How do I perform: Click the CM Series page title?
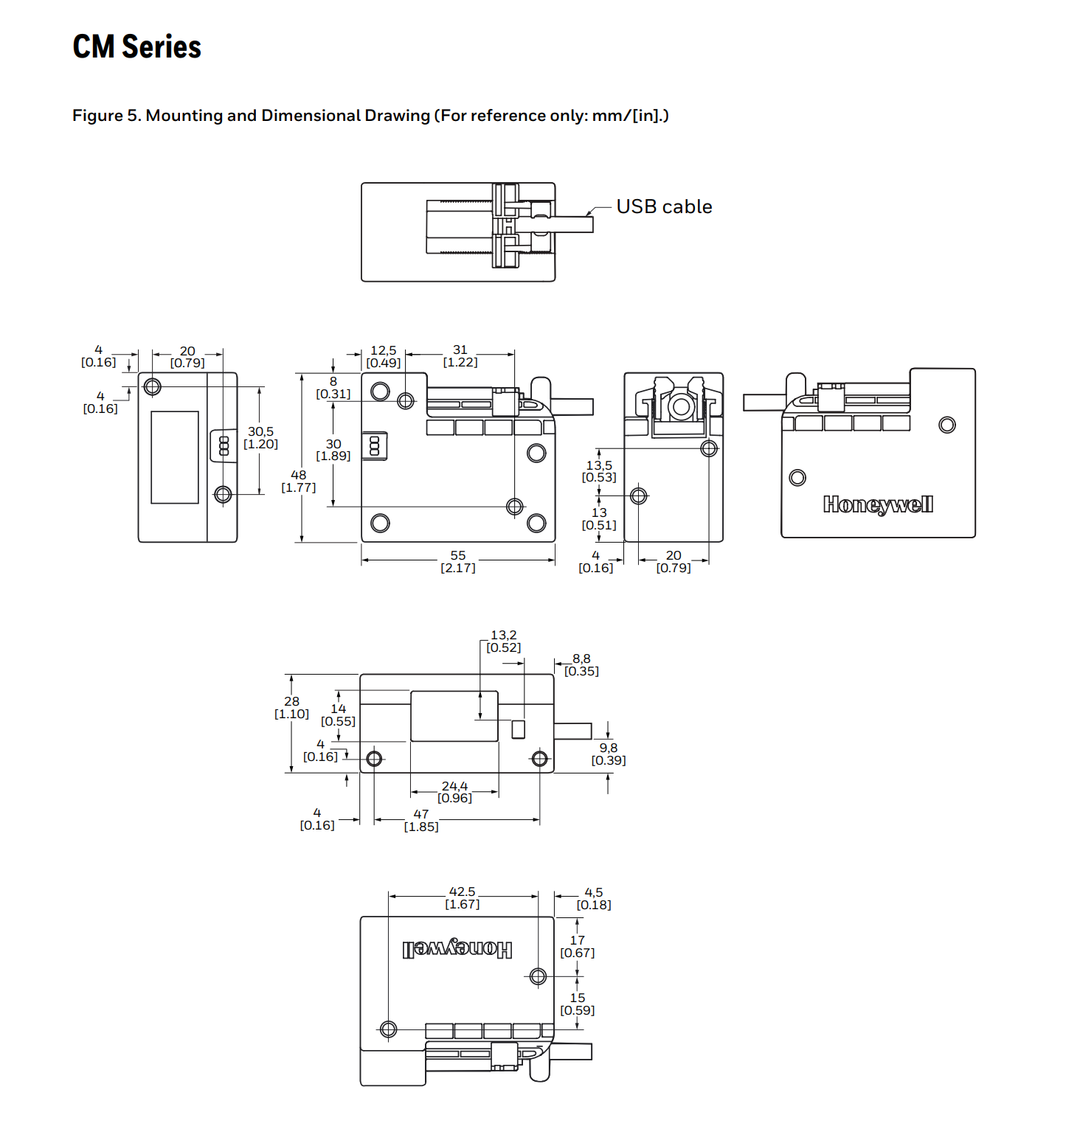pos(136,46)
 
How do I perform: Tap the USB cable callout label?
pos(664,206)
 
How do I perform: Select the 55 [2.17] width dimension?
pos(458,561)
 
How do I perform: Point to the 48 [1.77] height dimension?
pos(299,481)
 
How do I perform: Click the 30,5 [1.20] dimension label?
pos(261,437)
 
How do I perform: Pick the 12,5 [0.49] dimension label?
pos(384,356)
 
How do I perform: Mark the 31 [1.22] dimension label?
pos(460,355)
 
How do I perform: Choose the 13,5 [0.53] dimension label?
pos(599,471)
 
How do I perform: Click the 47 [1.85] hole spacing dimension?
pos(421,820)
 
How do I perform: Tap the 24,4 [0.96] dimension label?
pos(454,792)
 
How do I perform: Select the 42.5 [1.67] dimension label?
pos(463,897)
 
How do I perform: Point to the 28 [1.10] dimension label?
pos(292,707)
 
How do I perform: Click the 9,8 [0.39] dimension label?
pos(609,754)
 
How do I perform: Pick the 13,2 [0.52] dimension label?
pos(504,641)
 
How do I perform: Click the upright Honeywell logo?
pos(878,504)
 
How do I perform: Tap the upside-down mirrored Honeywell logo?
pos(457,948)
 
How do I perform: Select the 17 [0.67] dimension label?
pos(578,946)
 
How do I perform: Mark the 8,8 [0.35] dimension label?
pos(581,664)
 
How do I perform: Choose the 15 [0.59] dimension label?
pos(578,1004)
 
